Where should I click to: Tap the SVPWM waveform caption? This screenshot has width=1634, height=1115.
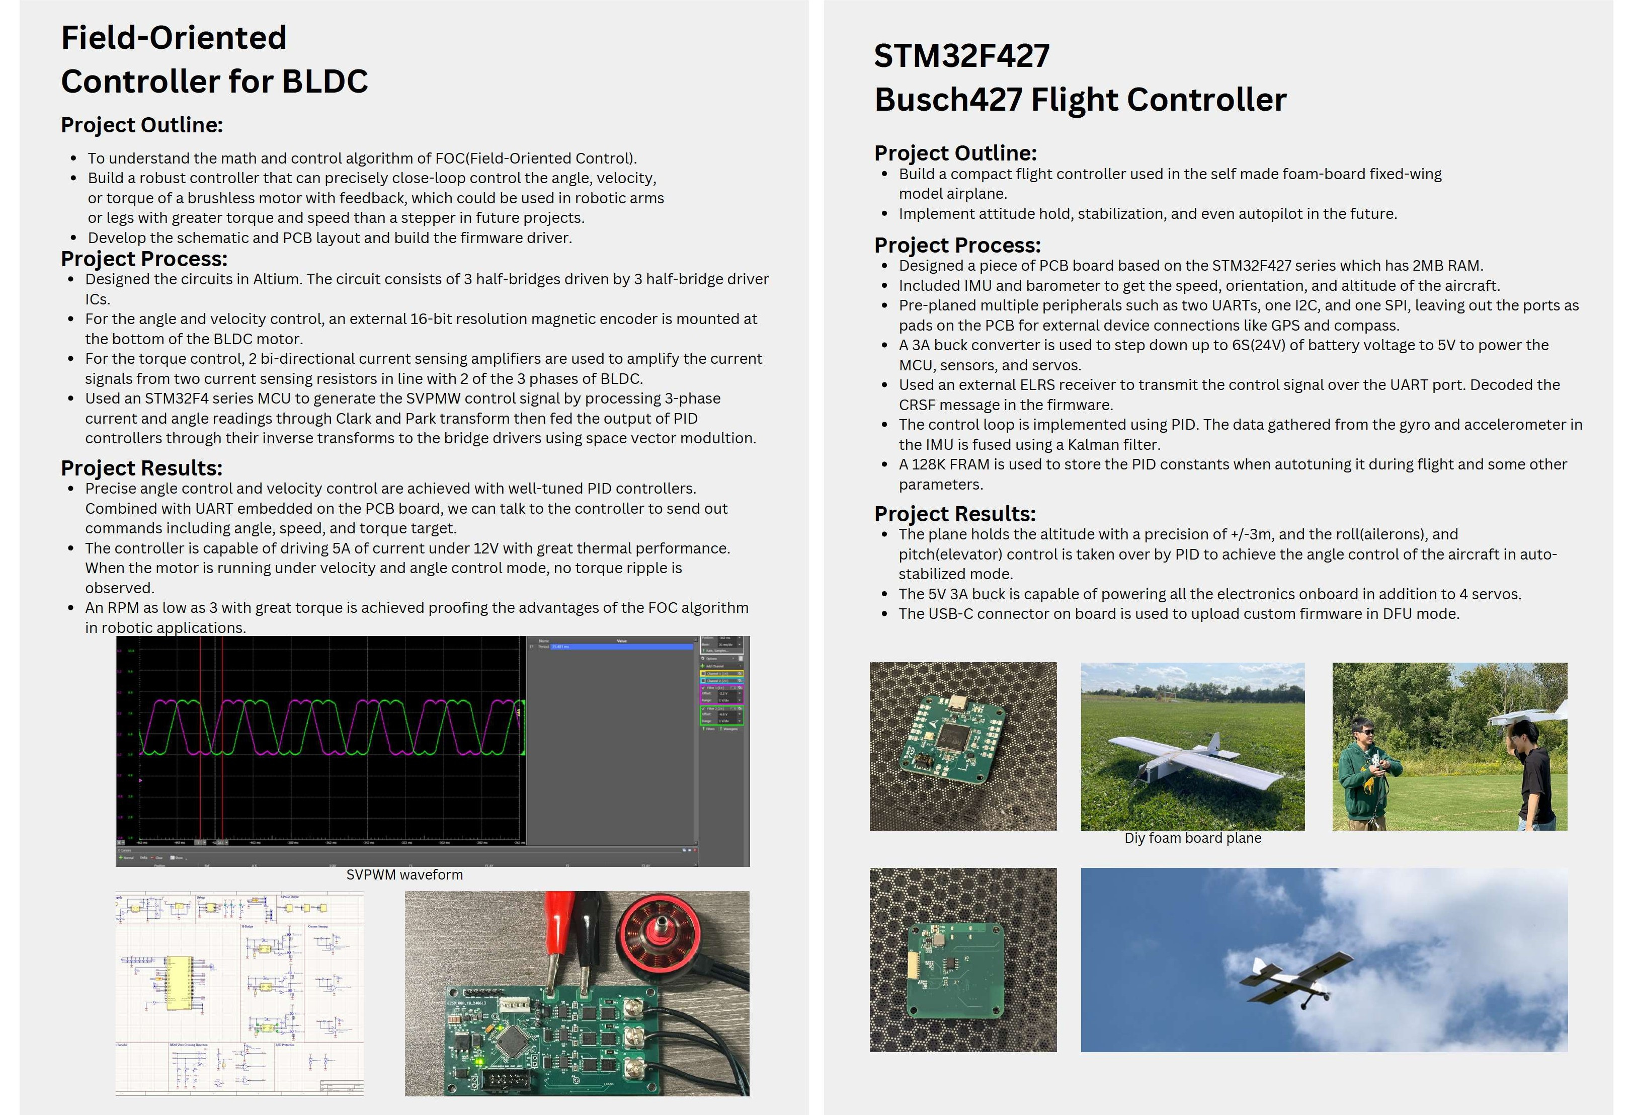coord(404,874)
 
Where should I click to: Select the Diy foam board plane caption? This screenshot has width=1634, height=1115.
coord(1192,838)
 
